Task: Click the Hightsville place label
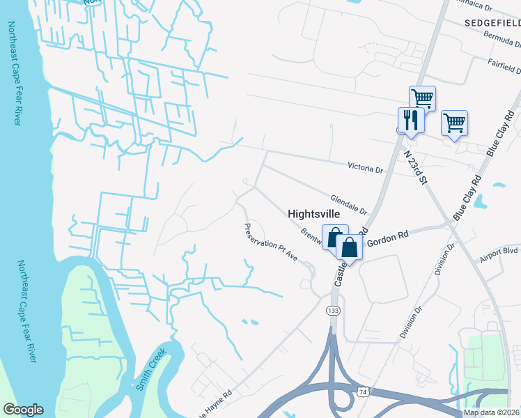(313, 215)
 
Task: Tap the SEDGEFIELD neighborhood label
(492, 23)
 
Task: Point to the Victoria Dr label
(366, 168)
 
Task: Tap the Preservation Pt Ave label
(271, 242)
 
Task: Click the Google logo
(23, 410)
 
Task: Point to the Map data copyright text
(491, 412)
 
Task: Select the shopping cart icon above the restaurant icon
(422, 98)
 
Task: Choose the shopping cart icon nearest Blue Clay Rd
(454, 123)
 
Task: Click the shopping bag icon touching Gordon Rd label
(349, 247)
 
